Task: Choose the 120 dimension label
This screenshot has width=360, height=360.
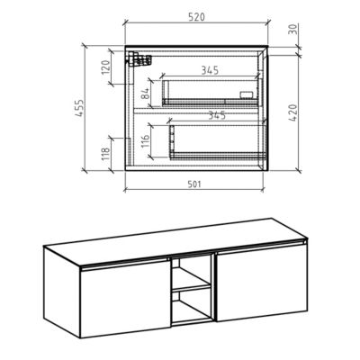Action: coord(106,67)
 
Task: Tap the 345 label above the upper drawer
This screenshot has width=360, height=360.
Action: coord(210,69)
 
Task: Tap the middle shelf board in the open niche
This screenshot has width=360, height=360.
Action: coord(191,290)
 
